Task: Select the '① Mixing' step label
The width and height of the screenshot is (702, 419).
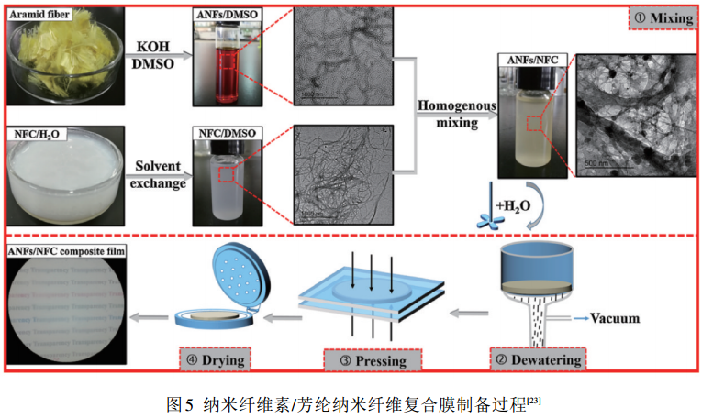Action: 659,17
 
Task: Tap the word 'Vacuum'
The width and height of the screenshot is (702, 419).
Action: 618,319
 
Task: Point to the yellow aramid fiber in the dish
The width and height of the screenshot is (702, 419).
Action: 65,55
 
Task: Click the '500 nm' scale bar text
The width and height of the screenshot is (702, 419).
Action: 597,160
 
